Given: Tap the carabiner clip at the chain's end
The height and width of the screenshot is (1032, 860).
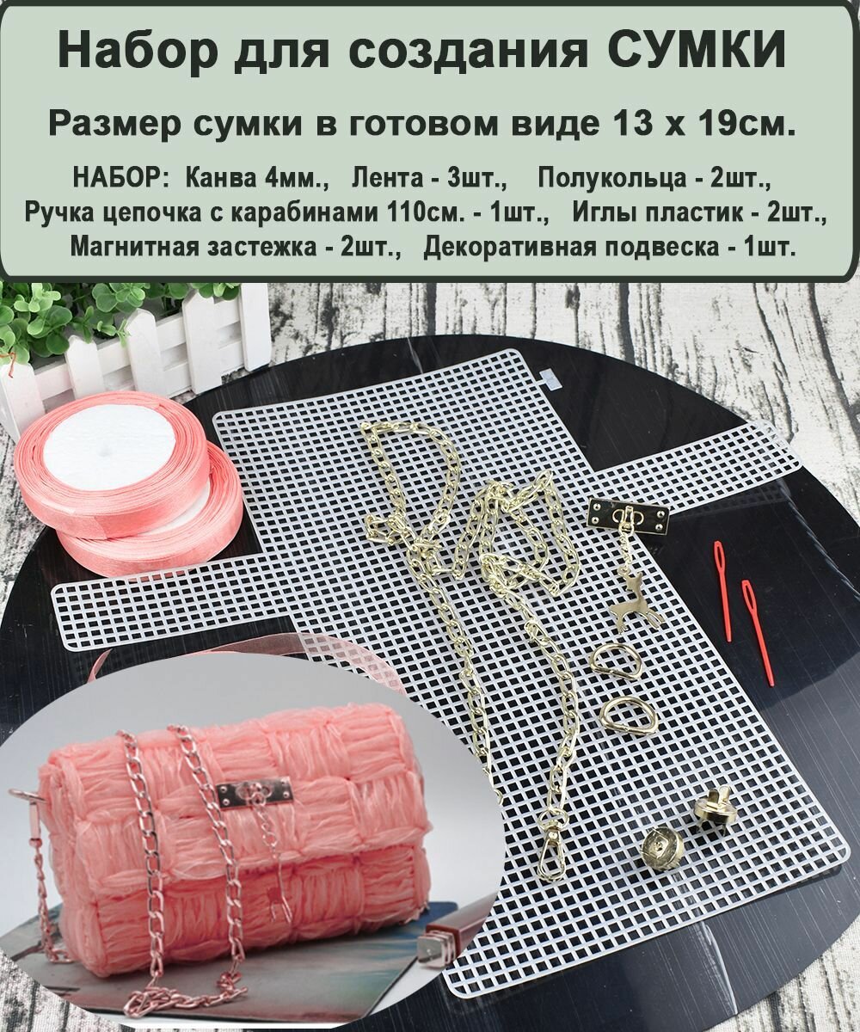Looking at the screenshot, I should point(550,857).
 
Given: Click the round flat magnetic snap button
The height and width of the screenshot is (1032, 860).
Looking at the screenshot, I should point(663,849).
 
